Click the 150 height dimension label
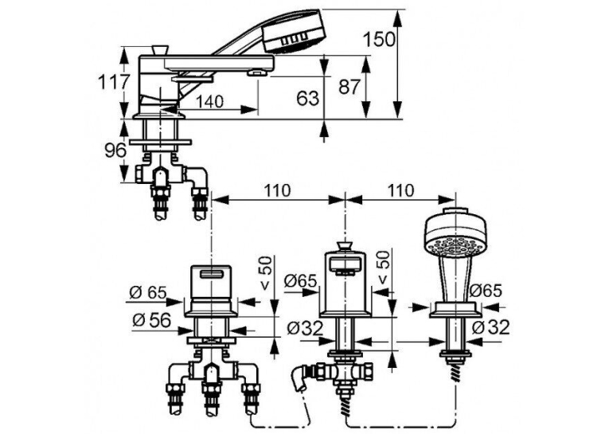click(380, 39)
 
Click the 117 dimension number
click(113, 82)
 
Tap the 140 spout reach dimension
click(209, 102)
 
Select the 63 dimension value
click(307, 98)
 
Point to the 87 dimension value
click(349, 86)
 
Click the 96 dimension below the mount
click(115, 151)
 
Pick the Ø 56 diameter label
click(151, 320)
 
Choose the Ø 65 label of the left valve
click(147, 292)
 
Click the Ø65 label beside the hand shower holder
click(486, 290)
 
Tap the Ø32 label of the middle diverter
click(305, 329)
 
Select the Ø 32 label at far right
click(491, 327)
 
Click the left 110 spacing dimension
click(277, 190)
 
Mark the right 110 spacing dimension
click(400, 190)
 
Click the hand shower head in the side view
click(293, 31)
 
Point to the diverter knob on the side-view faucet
click(160, 49)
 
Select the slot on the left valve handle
click(212, 275)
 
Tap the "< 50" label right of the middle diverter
click(384, 268)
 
